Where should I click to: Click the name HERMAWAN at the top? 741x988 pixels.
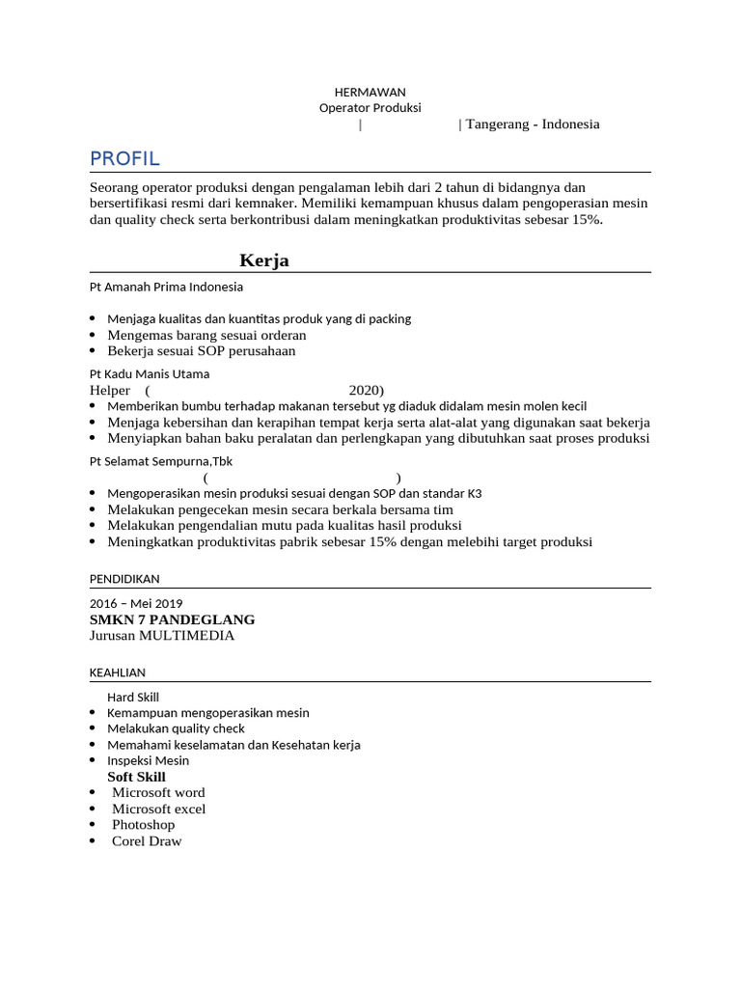coord(370,92)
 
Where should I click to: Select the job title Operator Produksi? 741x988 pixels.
coord(370,108)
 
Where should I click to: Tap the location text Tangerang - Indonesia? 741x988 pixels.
coord(533,124)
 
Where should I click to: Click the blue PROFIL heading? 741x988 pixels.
coord(124,158)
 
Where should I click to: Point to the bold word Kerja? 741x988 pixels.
coord(264,261)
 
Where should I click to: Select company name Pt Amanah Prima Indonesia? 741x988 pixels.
coord(166,287)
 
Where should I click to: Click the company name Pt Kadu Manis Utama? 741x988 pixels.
coord(150,373)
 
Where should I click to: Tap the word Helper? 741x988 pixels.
coord(110,390)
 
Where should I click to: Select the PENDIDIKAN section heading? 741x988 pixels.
coord(124,578)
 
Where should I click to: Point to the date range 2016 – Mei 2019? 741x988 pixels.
coord(135,603)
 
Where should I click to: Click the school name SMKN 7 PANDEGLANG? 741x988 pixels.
coord(172,619)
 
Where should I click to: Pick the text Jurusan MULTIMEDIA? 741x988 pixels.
coord(161,636)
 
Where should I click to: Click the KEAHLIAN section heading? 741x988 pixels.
coord(118,672)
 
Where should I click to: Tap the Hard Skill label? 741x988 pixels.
coord(133,697)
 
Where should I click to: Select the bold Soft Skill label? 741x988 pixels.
coord(136,777)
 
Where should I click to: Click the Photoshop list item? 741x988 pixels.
coord(144,825)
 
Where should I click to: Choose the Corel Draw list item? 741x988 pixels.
coord(147,841)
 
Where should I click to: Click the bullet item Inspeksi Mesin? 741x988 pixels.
coord(149,760)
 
